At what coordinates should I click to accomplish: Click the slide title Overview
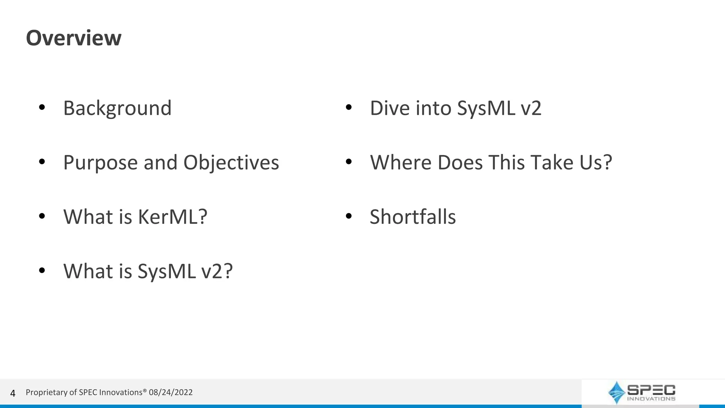[74, 38]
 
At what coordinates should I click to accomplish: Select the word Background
[117, 108]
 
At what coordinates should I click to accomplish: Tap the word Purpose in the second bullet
[100, 163]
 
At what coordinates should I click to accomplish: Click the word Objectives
[231, 163]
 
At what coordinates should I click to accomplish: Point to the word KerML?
[172, 217]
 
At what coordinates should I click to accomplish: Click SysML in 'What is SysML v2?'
[167, 271]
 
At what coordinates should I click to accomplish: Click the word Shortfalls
[413, 217]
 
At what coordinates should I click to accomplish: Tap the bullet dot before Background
[42, 107]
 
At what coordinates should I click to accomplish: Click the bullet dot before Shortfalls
[349, 216]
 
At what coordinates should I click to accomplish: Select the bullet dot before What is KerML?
[42, 216]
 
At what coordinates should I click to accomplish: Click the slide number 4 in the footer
[13, 393]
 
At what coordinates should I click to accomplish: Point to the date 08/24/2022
[171, 392]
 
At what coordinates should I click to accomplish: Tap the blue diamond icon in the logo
[616, 392]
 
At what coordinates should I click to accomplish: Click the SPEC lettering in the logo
[651, 390]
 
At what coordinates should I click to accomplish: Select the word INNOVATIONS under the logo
[651, 399]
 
